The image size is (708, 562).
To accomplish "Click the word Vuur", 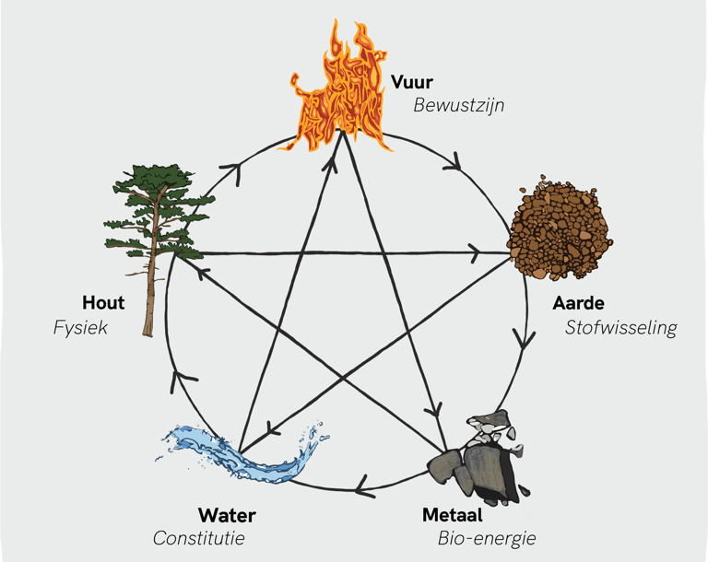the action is (x=411, y=82).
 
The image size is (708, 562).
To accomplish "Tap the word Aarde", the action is (x=578, y=303).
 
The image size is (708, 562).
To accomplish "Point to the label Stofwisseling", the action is (x=621, y=328).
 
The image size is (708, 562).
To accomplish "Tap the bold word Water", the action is (x=227, y=515).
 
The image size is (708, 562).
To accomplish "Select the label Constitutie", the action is (x=199, y=538).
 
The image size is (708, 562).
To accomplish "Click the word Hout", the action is (x=103, y=302).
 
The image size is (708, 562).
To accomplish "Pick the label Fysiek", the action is (x=81, y=327).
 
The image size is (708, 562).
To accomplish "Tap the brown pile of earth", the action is (x=560, y=231).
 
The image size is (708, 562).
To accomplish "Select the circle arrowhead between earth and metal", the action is (x=525, y=340).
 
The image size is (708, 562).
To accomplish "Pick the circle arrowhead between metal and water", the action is (x=363, y=486).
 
